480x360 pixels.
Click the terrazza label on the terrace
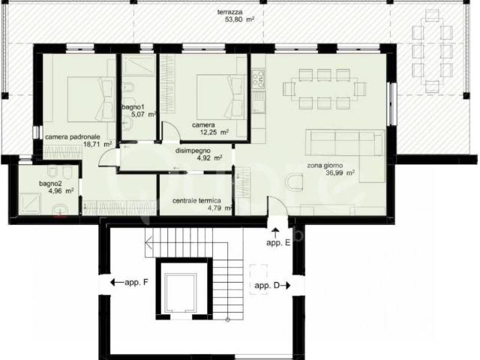[x=230, y=12]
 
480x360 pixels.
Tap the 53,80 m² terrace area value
[x=240, y=20]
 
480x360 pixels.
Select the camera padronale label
[x=73, y=137]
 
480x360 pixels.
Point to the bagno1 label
[x=133, y=107]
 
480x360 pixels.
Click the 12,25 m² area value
[x=214, y=132]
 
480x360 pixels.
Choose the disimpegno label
[x=193, y=151]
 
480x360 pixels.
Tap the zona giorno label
[x=325, y=166]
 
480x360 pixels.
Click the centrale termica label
[x=196, y=201]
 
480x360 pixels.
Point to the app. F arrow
[x=117, y=282]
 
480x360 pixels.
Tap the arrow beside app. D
[x=285, y=286]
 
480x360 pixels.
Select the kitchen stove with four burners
[x=258, y=79]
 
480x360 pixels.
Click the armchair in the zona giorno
[x=295, y=181]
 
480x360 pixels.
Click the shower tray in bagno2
[x=30, y=203]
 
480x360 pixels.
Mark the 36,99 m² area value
[x=340, y=173]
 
